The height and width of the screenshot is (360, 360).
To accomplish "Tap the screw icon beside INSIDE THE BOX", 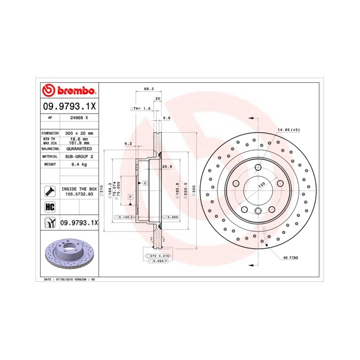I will tap(50, 192).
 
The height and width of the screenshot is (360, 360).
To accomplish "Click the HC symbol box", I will tap(50, 207).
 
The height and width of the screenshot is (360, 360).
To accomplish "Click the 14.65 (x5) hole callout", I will tap(289, 130).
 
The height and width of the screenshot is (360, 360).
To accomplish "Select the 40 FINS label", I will tap(290, 257).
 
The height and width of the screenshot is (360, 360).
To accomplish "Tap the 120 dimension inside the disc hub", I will tap(260, 184).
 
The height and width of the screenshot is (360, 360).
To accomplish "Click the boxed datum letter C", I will tap(145, 184).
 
